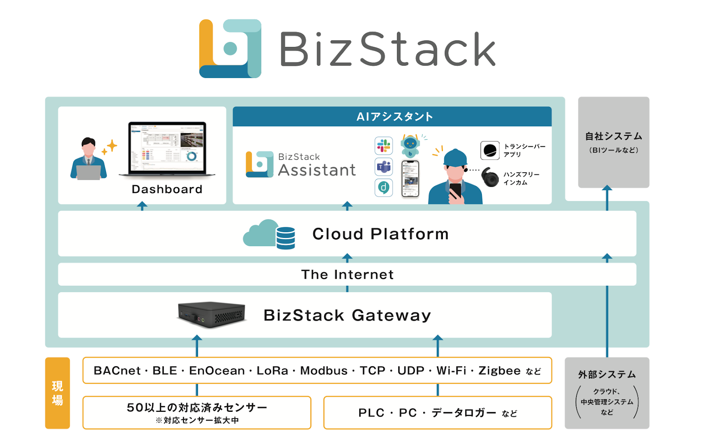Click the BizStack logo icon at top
pyautogui.click(x=230, y=49)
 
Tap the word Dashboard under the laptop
pyautogui.click(x=167, y=189)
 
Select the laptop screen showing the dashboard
pyautogui.click(x=167, y=148)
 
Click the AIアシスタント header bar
pyautogui.click(x=392, y=117)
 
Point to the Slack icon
pyautogui.click(x=383, y=146)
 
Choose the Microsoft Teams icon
pyautogui.click(x=383, y=167)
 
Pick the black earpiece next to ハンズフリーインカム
pyautogui.click(x=490, y=178)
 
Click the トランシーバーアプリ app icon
pyautogui.click(x=490, y=150)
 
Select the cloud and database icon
pyautogui.click(x=269, y=234)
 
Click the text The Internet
pyautogui.click(x=347, y=275)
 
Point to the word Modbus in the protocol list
pyautogui.click(x=324, y=371)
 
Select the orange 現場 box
pyautogui.click(x=57, y=393)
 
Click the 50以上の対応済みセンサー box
pyautogui.click(x=197, y=412)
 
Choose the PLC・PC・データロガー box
pyautogui.click(x=437, y=413)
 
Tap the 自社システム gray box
pyautogui.click(x=613, y=142)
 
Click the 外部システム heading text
pyautogui.click(x=607, y=375)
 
